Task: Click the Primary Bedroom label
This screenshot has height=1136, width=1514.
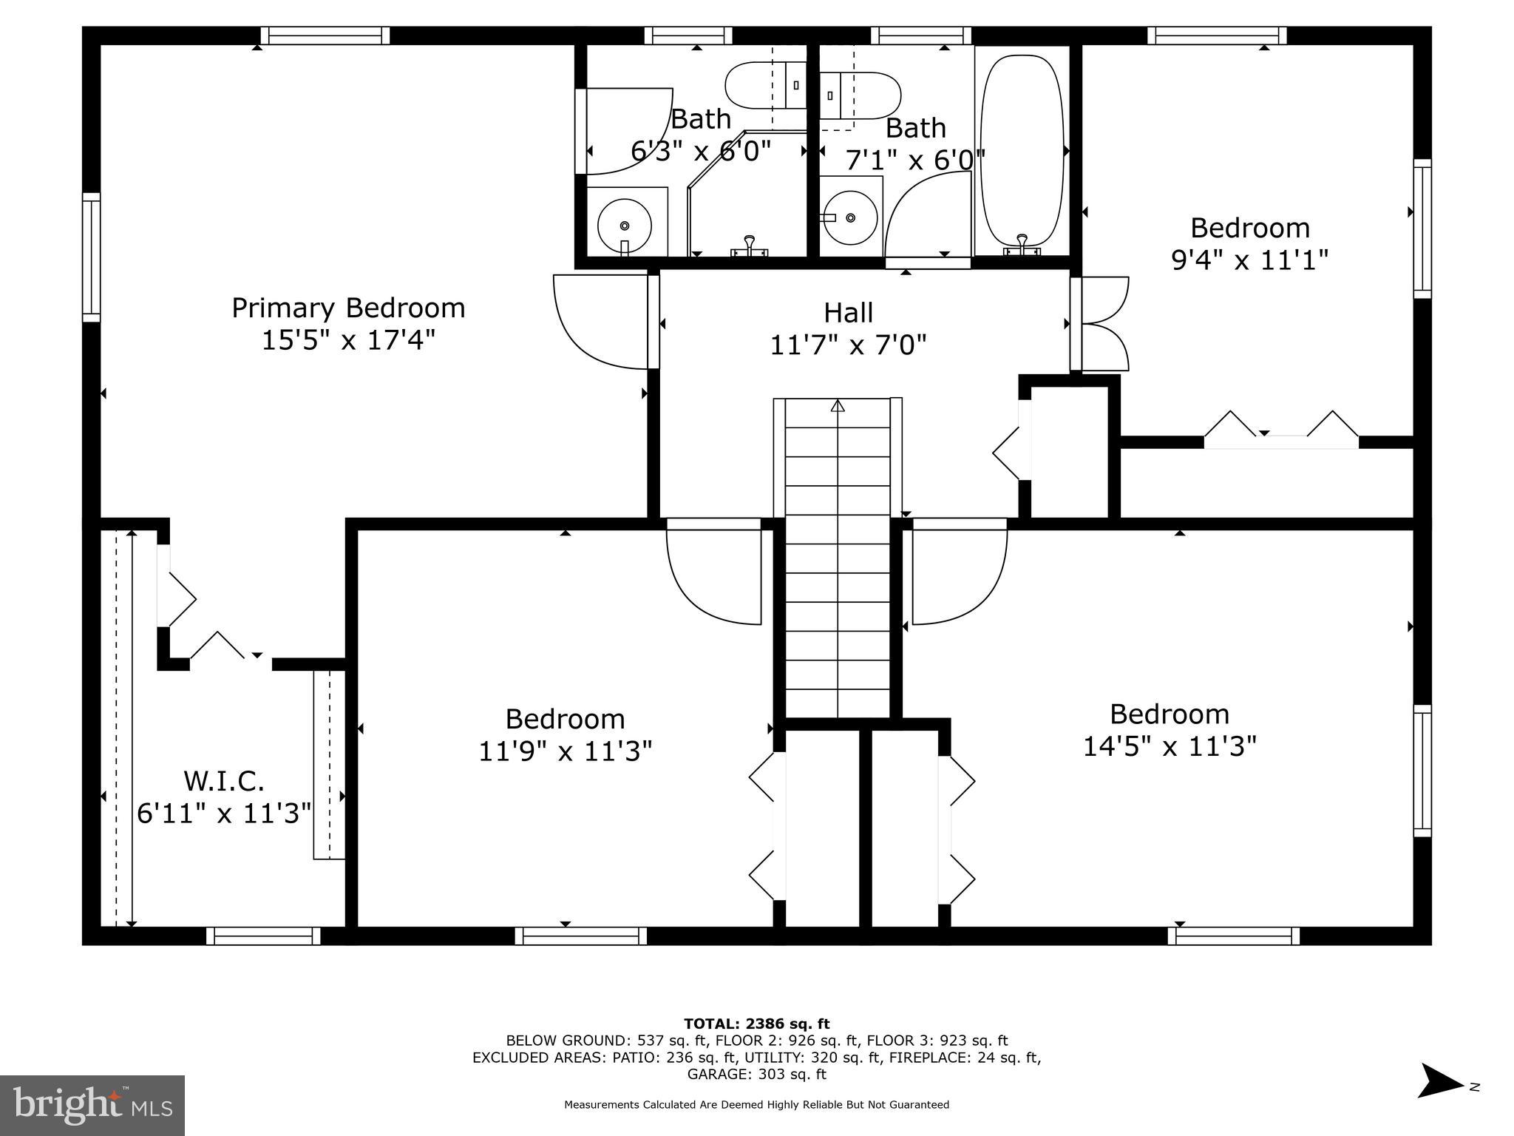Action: pos(348,308)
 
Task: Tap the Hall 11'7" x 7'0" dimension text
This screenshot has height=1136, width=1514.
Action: pos(848,345)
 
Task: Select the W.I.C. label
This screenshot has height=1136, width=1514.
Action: pos(223,780)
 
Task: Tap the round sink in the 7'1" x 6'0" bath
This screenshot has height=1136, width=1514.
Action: pos(850,217)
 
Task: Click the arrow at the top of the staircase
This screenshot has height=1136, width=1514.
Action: pos(838,405)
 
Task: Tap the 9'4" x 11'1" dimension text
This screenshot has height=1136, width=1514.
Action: pos(1249,260)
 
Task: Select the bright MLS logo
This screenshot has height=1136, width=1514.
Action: pos(92,1105)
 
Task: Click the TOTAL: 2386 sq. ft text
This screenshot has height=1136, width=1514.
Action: pos(756,1024)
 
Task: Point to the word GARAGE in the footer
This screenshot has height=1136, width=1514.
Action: pos(713,1074)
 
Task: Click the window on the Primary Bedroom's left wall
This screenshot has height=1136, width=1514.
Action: pos(91,257)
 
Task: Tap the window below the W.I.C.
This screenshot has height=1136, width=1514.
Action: pos(263,936)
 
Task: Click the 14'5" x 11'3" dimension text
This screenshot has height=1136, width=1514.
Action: pos(1169,746)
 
